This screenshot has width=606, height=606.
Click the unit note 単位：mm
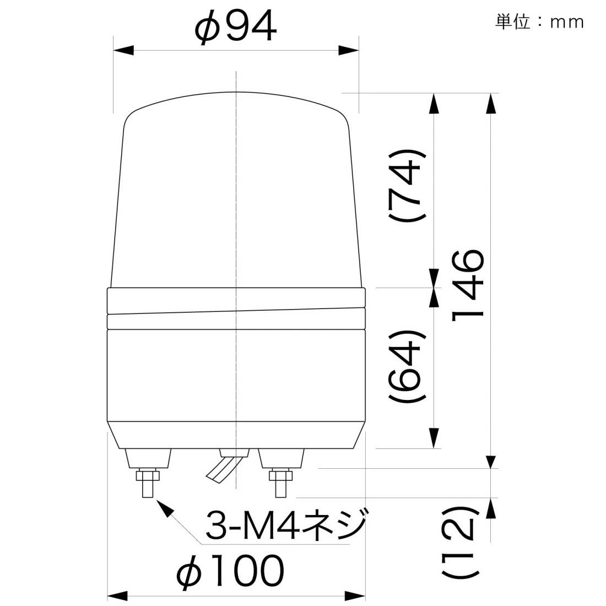pyautogui.click(x=539, y=22)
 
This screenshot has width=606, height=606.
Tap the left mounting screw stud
pyautogui.click(x=147, y=485)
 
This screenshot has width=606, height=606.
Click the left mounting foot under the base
pyautogui.click(x=148, y=457)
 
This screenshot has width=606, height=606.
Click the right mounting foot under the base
pyautogui.click(x=281, y=457)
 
